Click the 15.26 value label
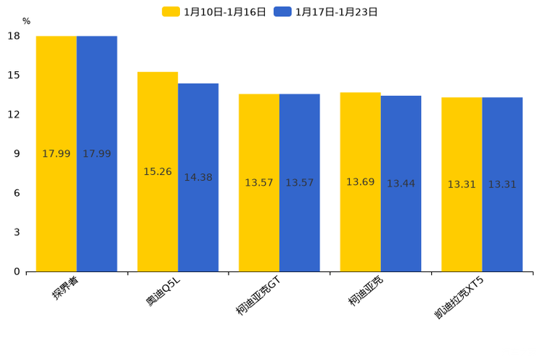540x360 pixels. tap(157, 172)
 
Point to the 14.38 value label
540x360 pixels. tap(198, 178)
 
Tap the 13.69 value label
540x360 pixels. tap(360, 182)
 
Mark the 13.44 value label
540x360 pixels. tap(401, 184)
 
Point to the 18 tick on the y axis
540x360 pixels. tap(14, 36)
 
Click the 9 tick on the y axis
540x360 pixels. tap(17, 154)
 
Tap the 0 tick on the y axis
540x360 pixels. tap(17, 271)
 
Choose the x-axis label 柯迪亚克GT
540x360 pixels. tap(258, 296)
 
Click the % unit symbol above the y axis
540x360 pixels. tap(26, 21)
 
